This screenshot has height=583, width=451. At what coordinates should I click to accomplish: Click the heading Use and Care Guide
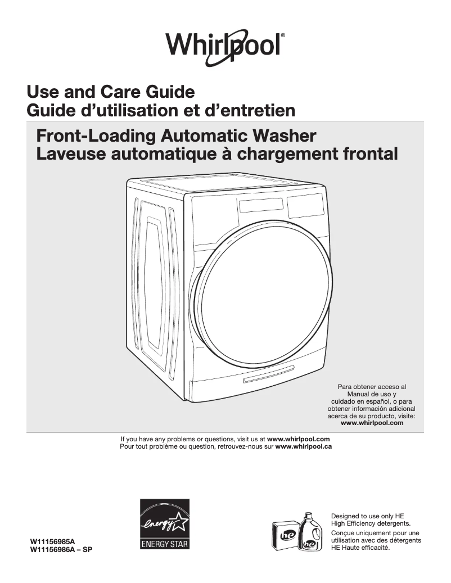tap(111, 92)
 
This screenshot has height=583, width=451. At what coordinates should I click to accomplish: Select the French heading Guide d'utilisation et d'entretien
tap(161, 110)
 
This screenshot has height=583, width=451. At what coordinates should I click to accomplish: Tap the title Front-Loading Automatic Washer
tap(176, 135)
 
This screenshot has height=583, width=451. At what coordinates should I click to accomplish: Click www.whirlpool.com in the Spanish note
tap(372, 423)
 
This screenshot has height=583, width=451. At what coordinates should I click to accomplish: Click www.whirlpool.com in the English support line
tap(298, 439)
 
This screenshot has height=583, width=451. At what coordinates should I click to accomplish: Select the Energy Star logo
tap(164, 524)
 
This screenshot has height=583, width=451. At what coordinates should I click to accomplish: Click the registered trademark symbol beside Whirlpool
tap(283, 35)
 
